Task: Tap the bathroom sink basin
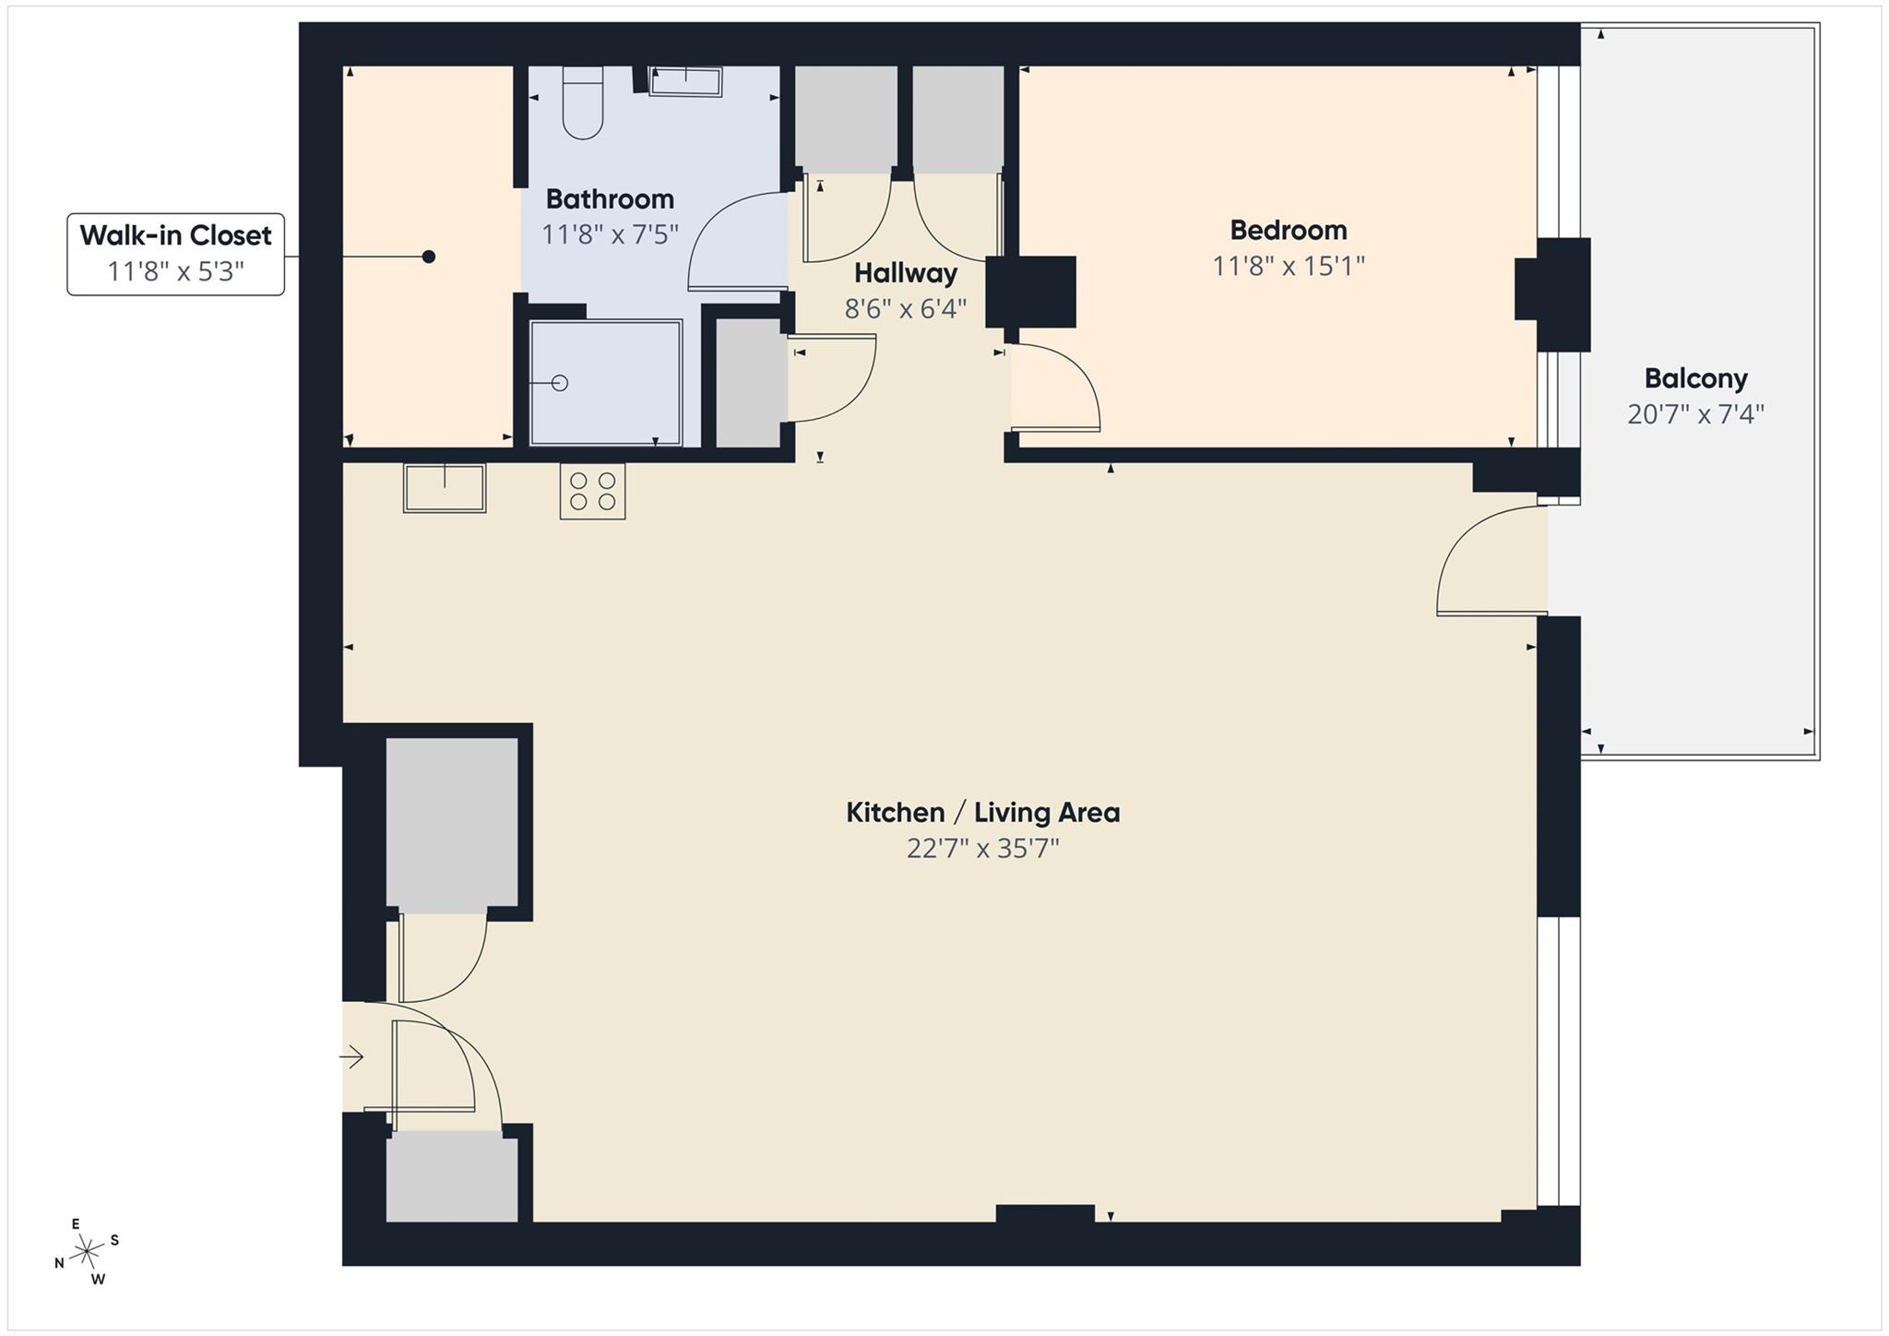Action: click(685, 81)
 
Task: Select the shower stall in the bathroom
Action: click(605, 382)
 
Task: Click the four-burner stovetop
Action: click(592, 491)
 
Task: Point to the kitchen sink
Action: click(445, 488)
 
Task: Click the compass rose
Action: click(87, 1251)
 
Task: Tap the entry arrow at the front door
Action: click(352, 1057)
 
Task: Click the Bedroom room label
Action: click(1288, 230)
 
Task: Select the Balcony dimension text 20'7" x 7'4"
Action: click(1695, 414)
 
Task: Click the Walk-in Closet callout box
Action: click(175, 254)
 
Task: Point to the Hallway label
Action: click(905, 273)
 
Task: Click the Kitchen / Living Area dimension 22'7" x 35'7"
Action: click(982, 849)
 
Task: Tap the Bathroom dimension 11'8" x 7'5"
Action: click(610, 234)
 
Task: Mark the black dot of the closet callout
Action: click(429, 256)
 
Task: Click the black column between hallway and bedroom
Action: click(1031, 292)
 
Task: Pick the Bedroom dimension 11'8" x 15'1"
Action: click(1288, 266)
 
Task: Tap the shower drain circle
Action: click(560, 382)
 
